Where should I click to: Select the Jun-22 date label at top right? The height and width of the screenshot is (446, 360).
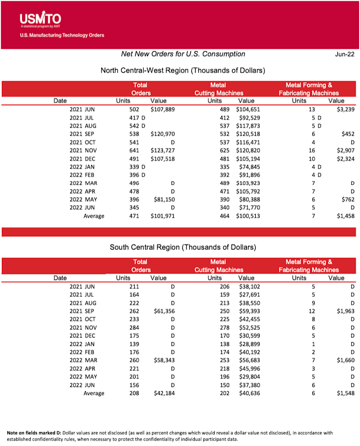[x=344, y=54]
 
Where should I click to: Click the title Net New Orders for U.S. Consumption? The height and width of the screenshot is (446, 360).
[x=183, y=54]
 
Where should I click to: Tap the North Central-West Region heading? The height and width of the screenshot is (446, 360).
[x=182, y=71]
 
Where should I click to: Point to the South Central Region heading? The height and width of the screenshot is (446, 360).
[x=183, y=247]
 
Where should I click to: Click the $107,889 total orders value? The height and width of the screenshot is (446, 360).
[x=162, y=109]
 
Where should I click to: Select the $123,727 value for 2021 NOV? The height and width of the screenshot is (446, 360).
[x=162, y=151]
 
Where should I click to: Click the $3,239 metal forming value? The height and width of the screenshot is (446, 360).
[x=345, y=109]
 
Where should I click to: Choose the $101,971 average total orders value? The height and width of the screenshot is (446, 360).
[x=162, y=216]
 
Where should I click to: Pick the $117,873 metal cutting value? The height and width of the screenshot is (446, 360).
[x=248, y=126]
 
